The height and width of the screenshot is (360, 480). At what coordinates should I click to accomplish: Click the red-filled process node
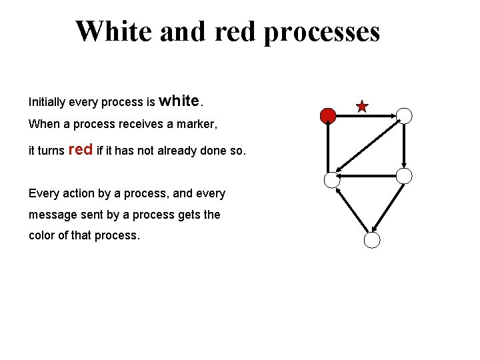point(327,116)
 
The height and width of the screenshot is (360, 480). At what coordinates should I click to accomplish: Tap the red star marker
point(361,107)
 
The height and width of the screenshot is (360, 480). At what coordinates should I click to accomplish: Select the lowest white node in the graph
point(373,240)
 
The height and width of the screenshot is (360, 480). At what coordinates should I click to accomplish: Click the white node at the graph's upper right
point(405,115)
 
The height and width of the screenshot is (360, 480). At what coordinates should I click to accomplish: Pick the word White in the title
point(111,31)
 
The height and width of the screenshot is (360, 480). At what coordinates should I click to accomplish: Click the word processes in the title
point(322,31)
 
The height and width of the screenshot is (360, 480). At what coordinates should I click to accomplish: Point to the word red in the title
point(235,31)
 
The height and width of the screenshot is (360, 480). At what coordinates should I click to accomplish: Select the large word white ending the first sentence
point(180,101)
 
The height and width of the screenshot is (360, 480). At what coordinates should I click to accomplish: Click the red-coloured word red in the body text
point(81,149)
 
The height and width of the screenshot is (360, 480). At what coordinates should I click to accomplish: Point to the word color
point(43,236)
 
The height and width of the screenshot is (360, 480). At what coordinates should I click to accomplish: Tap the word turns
point(51,151)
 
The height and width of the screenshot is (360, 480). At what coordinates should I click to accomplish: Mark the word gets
point(189,215)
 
